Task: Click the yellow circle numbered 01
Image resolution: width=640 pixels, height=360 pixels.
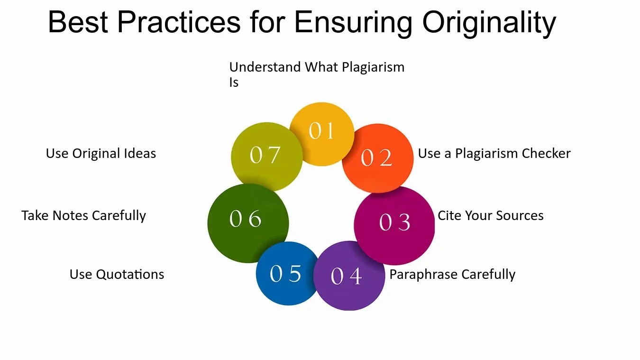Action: [x=322, y=134]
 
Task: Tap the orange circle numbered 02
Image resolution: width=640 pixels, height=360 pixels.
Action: [x=378, y=158]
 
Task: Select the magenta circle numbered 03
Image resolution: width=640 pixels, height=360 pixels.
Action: [x=394, y=225]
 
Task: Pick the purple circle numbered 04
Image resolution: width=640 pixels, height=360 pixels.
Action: [x=349, y=276]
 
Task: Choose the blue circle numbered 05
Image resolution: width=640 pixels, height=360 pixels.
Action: [x=287, y=273]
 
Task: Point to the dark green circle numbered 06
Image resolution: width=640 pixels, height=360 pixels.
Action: [x=248, y=223]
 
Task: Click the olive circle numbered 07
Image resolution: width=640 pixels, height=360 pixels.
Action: [x=266, y=157]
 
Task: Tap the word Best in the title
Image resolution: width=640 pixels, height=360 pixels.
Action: [x=78, y=22]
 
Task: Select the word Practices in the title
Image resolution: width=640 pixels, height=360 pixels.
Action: [x=179, y=22]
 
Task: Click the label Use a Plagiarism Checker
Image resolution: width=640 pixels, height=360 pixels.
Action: [x=494, y=153]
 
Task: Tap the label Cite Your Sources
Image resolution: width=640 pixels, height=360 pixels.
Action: [x=491, y=215]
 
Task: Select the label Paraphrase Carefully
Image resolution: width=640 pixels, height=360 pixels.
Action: [x=452, y=274]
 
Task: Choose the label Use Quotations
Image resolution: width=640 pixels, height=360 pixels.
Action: [x=117, y=274]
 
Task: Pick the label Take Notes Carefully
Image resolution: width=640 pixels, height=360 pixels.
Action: [x=84, y=216]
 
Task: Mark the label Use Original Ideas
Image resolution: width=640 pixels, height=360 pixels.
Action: [x=101, y=153]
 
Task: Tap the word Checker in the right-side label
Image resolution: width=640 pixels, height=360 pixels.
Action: [x=546, y=153]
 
